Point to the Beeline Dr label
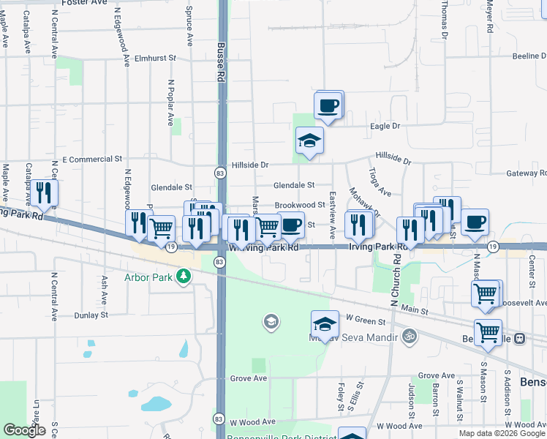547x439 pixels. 529,56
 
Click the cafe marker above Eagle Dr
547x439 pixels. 329,105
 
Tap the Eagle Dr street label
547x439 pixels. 386,126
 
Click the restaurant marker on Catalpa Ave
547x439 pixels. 45,192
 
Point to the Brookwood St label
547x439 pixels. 299,206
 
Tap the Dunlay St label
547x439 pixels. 91,315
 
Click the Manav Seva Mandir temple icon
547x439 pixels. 410,337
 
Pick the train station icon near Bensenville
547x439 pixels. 520,338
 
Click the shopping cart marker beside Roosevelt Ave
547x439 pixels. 486,293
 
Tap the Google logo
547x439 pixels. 24,430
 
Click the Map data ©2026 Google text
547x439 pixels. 502,433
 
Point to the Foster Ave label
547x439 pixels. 83,3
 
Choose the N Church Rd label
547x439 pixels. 396,282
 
